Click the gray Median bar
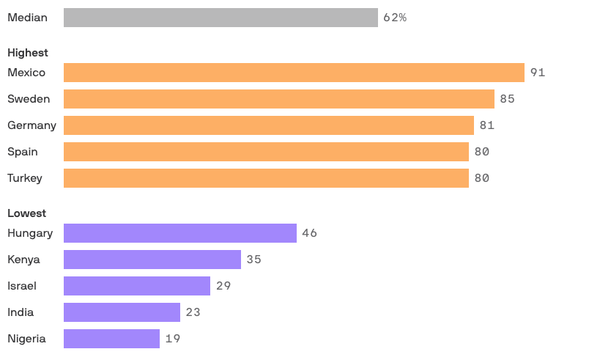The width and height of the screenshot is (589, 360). (221, 18)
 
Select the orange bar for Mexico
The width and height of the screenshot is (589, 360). (294, 73)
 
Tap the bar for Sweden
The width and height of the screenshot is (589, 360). (279, 99)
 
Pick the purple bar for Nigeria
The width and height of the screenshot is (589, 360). (111, 339)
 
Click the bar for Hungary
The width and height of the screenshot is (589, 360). (180, 233)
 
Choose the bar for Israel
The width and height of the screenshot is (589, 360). (137, 286)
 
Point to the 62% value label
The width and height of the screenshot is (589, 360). (395, 18)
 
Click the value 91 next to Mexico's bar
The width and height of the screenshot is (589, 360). (538, 73)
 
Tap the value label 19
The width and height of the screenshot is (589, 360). (173, 339)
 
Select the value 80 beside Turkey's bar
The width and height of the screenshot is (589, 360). (481, 178)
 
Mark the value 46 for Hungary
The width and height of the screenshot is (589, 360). (309, 233)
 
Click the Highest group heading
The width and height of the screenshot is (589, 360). (28, 53)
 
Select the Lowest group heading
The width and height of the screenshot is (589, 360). (26, 213)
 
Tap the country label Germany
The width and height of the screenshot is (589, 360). (32, 125)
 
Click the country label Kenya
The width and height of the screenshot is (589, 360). (23, 260)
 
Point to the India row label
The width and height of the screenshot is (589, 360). (21, 312)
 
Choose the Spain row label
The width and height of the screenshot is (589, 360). (22, 152)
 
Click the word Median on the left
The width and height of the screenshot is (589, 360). (27, 18)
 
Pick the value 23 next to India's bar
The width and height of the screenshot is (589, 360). (193, 312)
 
